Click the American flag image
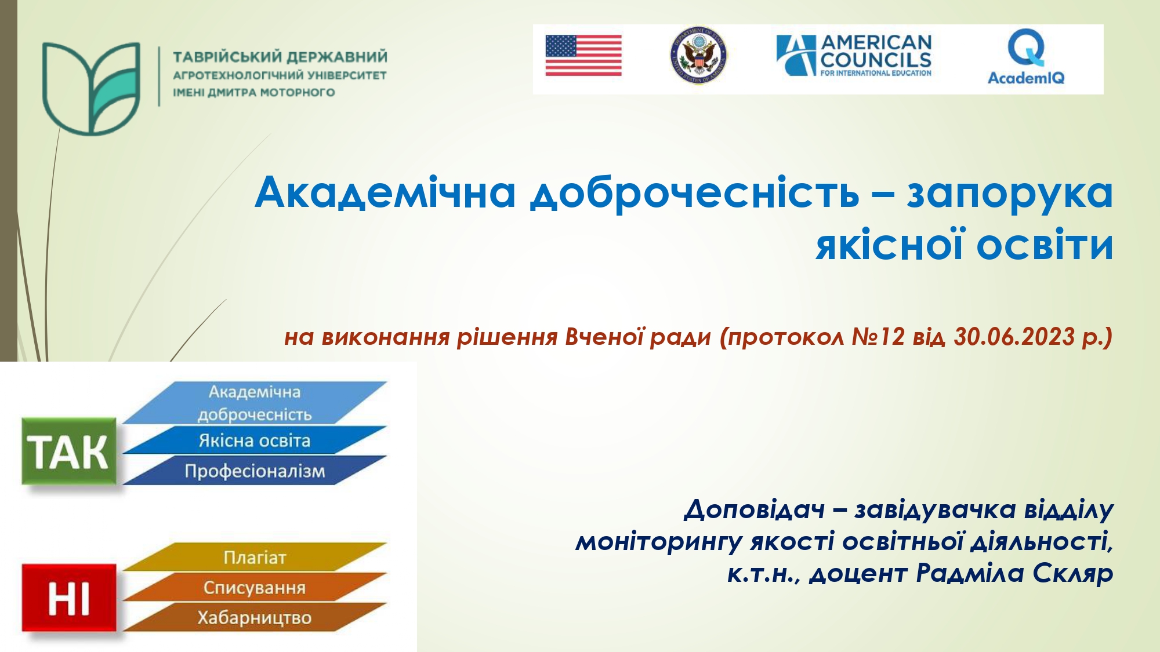(x=583, y=56)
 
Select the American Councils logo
(x=854, y=56)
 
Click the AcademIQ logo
(x=1026, y=57)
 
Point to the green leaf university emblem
(x=91, y=88)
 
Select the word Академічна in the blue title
(x=385, y=192)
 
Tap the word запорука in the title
(x=1009, y=192)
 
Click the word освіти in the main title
(x=1045, y=245)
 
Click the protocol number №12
(x=878, y=337)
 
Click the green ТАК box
(x=68, y=451)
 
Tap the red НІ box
(x=68, y=598)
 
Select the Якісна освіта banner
(x=255, y=440)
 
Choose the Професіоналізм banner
(x=255, y=471)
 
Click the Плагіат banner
(x=255, y=557)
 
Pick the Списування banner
(x=255, y=587)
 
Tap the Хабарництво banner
(x=255, y=617)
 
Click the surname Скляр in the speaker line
(x=1072, y=573)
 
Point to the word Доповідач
(x=754, y=510)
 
